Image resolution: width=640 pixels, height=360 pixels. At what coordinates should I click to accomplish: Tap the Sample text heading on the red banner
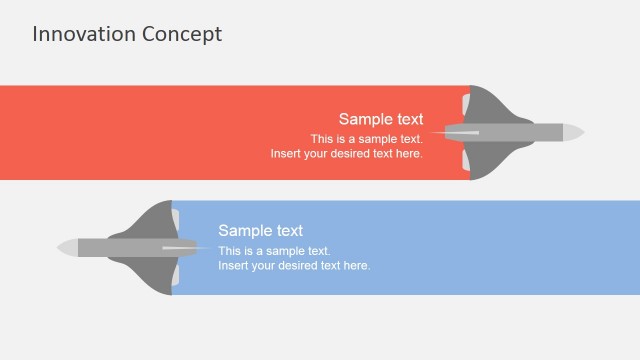coord(380,119)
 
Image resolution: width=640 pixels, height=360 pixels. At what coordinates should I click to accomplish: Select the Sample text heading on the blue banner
coord(260,231)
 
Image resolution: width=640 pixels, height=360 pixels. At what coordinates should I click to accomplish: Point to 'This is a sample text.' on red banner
coord(366,139)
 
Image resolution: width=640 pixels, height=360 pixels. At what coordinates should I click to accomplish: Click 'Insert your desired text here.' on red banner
coord(346,154)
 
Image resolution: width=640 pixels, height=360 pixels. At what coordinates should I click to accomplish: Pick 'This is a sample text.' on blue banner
coord(274,251)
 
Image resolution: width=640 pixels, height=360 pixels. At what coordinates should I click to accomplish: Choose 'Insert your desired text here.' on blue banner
coord(294,266)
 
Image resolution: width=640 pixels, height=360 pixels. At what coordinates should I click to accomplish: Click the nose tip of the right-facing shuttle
coord(581,132)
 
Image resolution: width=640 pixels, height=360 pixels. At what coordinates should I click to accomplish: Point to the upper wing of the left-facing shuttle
coord(155,219)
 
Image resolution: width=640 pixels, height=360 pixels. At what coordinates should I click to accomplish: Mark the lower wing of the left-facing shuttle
coord(155,274)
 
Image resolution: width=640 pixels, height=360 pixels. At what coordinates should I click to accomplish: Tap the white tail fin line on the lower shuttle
coord(185,247)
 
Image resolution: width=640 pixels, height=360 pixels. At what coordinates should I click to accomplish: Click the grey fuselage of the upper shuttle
coord(530,132)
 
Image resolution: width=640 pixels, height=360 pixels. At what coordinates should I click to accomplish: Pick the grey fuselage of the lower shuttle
coord(110,246)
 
